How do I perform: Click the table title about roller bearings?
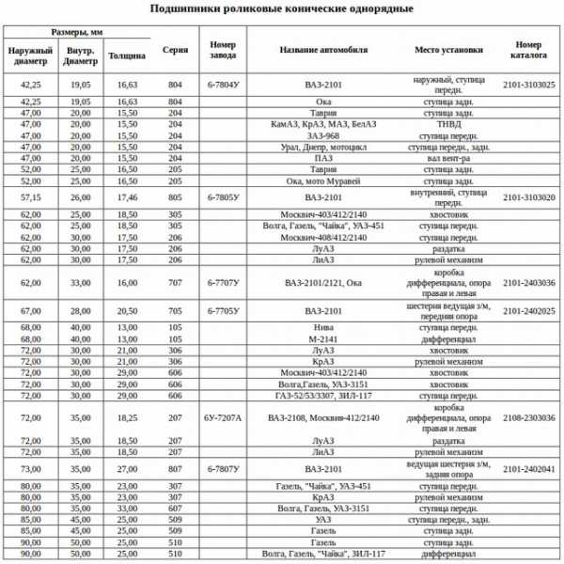coord(281,8)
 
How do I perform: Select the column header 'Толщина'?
coord(126,55)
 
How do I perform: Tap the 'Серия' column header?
coord(174,50)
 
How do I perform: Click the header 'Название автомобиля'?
coord(322,50)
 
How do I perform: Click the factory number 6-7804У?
coord(223,85)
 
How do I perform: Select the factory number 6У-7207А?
coord(223,416)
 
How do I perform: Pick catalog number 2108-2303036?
coord(528,416)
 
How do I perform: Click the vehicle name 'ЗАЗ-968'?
coord(322,135)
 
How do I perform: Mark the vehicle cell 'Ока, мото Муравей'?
coord(322,180)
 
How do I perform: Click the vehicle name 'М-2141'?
coord(322,338)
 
